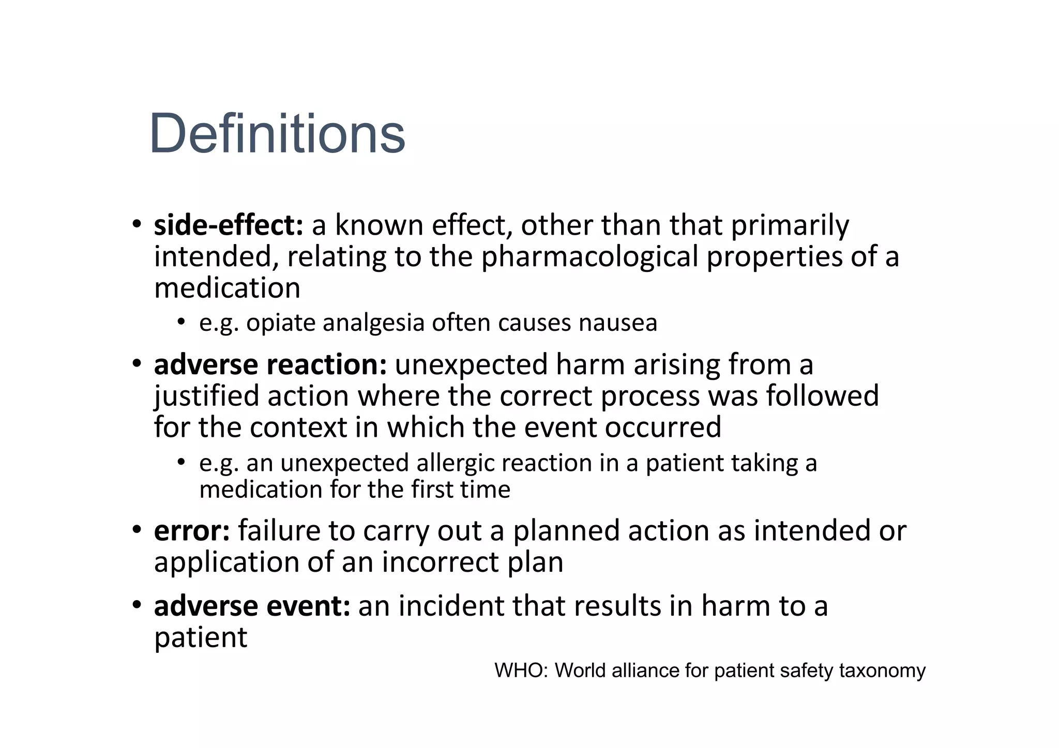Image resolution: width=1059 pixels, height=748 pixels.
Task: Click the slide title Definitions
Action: [x=277, y=133]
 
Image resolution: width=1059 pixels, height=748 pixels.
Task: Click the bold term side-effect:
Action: [x=229, y=225]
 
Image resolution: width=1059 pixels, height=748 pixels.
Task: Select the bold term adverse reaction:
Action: [x=270, y=364]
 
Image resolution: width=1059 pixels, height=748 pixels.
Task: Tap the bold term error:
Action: [x=192, y=531]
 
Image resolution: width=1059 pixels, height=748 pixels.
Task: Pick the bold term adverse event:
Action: [x=252, y=606]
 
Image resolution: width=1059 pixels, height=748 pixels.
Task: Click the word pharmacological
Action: [x=589, y=257]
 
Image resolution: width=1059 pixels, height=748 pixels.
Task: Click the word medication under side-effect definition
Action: [x=227, y=288]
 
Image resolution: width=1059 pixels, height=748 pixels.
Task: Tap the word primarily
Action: [x=790, y=225]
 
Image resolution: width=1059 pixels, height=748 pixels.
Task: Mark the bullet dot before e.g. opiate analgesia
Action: [x=180, y=322]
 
